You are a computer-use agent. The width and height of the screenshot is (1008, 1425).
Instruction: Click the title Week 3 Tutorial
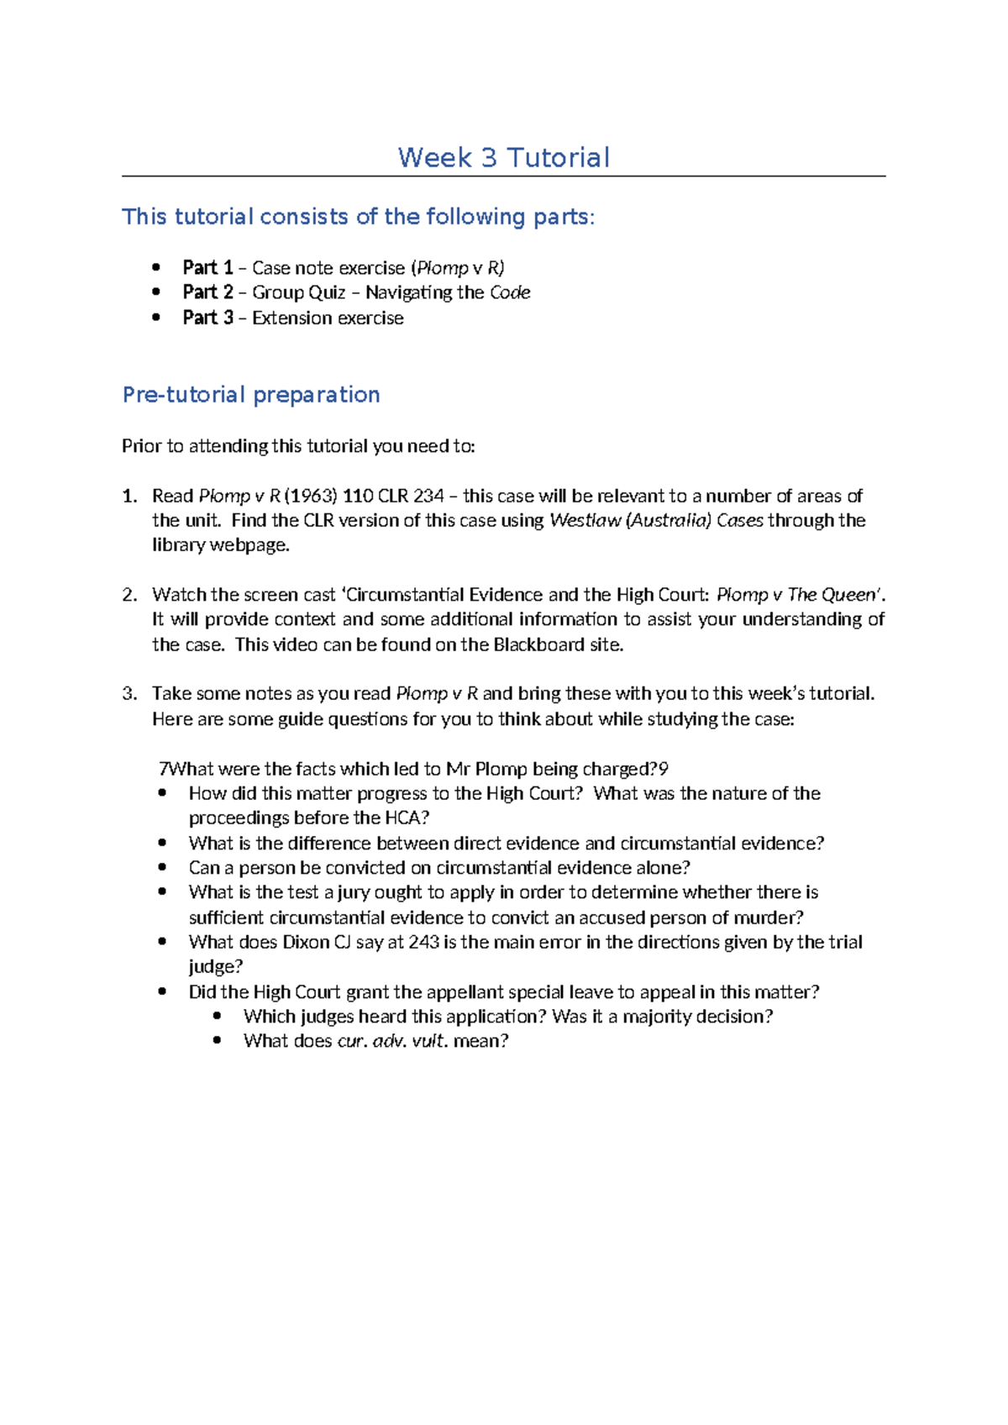tap(503, 157)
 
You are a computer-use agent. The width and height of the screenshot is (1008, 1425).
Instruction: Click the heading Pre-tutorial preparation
tap(251, 394)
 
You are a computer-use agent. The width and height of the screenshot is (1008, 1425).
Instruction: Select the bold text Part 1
tap(207, 267)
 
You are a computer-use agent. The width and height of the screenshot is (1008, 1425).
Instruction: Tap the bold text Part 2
tap(207, 292)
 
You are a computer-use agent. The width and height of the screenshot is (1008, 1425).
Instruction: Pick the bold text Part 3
tap(207, 317)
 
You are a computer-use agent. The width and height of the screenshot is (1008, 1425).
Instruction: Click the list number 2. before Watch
tap(129, 595)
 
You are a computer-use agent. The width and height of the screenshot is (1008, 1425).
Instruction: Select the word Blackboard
tap(538, 644)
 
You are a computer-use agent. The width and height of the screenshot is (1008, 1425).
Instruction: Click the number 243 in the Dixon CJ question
tap(423, 942)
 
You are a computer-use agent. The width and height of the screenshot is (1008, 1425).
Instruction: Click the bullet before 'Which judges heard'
tap(218, 1016)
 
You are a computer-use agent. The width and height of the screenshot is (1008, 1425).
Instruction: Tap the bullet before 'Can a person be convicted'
tap(163, 867)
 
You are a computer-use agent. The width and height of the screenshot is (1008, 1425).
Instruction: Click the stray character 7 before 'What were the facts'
tap(164, 769)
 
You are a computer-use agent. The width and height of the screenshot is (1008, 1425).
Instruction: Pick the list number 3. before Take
tap(129, 694)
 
